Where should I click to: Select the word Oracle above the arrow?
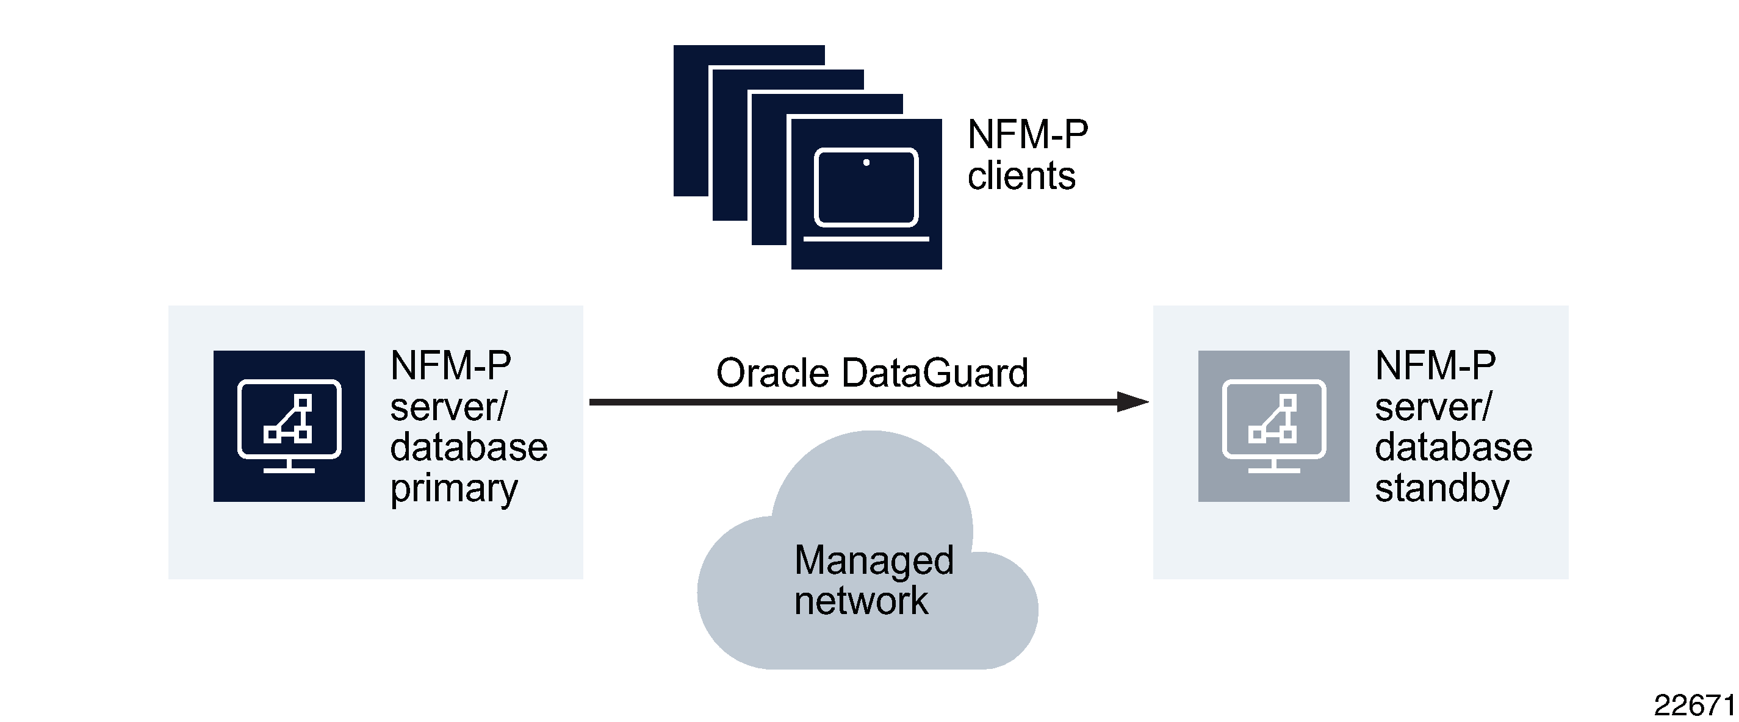(772, 373)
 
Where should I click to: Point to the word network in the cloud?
(861, 600)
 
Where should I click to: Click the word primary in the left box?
(453, 488)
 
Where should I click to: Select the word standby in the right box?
(1441, 488)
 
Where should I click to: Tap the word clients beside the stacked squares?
(1021, 176)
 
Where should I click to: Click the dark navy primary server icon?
(289, 426)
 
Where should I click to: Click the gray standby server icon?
(1273, 426)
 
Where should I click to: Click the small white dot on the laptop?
(866, 163)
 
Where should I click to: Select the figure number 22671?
(1693, 706)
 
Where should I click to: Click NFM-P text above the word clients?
(1028, 134)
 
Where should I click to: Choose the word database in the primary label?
(469, 448)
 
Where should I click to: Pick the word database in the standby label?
(1453, 448)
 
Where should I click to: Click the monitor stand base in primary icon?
(289, 470)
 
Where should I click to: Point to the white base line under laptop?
(866, 239)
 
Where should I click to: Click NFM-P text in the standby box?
(1435, 366)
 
